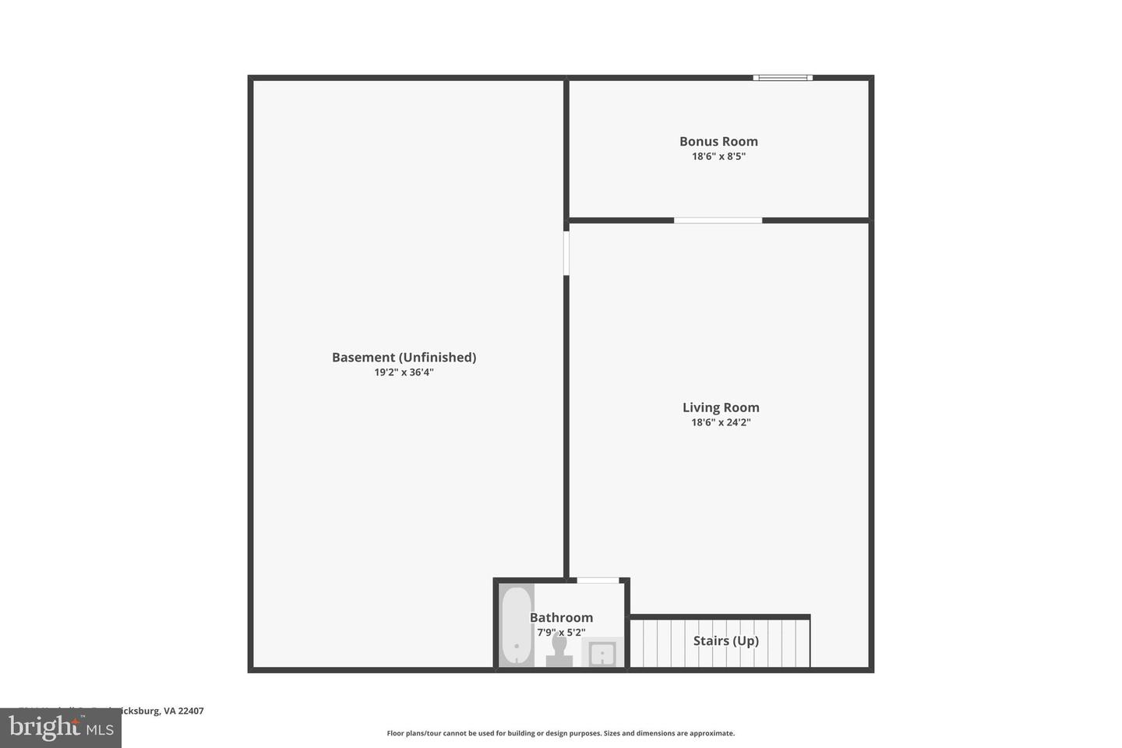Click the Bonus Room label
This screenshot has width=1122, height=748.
point(718,141)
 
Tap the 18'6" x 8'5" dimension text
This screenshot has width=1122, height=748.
point(718,156)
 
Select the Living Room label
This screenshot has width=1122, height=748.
point(721,408)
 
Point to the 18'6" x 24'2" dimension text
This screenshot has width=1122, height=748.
point(721,422)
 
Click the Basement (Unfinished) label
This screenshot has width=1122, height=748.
point(404,357)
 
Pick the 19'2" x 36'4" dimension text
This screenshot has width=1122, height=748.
point(404,372)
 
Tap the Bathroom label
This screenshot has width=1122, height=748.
point(561,618)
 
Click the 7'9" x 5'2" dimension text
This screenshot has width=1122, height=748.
point(561,633)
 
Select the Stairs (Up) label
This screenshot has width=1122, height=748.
point(725,640)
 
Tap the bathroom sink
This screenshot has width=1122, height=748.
point(602,653)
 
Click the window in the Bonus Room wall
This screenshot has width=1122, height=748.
point(782,78)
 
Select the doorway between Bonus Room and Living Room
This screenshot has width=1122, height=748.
point(718,221)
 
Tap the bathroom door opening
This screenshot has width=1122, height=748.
point(598,580)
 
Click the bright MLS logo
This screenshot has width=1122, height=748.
point(61,728)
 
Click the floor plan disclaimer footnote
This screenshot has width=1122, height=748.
point(560,733)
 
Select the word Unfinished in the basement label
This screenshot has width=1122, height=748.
point(437,357)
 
